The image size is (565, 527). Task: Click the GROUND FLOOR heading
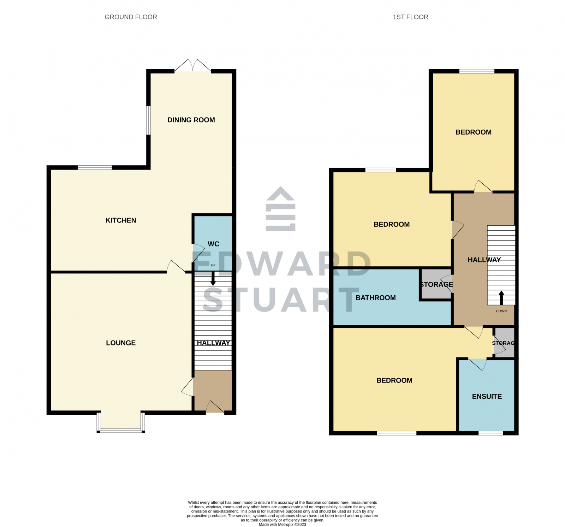[x=131, y=17]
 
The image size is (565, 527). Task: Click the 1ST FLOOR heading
[x=410, y=17]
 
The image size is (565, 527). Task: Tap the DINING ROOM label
[x=191, y=120]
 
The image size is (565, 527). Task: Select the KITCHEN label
[x=121, y=220]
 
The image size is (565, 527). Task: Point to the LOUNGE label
[x=121, y=343]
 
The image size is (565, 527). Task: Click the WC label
[x=213, y=244]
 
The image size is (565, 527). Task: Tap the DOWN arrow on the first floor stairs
[x=501, y=298]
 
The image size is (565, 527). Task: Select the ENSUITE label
[x=487, y=397]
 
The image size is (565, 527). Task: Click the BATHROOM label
[x=375, y=298]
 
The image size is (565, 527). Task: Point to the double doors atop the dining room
[x=193, y=66]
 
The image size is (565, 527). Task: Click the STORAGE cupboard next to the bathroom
[x=436, y=285]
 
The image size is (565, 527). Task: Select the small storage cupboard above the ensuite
[x=504, y=343]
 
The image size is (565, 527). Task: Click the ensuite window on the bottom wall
[x=490, y=433]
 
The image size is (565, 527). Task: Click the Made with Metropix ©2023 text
[x=282, y=525]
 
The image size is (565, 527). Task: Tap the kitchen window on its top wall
[x=95, y=167]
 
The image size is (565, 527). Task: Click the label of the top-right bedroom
[x=473, y=132]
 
